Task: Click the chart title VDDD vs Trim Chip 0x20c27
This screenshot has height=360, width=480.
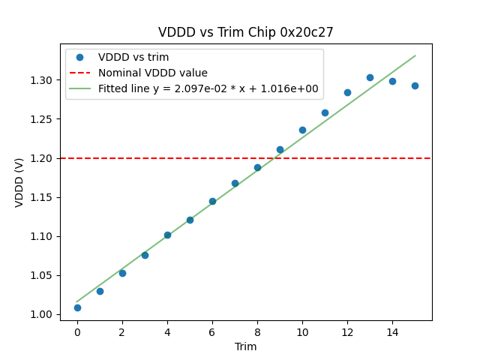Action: tap(245, 32)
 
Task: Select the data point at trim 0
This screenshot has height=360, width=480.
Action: tap(77, 307)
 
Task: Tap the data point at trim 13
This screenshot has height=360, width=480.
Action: tap(370, 77)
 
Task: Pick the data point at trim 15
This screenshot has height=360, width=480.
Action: tap(415, 85)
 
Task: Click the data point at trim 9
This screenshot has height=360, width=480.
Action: tap(280, 149)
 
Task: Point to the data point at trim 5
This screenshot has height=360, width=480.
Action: tap(190, 220)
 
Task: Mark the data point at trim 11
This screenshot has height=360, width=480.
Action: tap(325, 112)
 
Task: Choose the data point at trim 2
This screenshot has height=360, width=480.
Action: tap(122, 273)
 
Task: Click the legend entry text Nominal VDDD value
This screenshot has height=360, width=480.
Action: tap(153, 73)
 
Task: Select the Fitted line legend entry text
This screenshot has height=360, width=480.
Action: tap(208, 88)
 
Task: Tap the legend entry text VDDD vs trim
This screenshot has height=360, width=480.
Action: tap(133, 57)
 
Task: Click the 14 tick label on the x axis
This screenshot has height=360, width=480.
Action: tap(392, 331)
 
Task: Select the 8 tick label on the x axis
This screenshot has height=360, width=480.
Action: tap(257, 331)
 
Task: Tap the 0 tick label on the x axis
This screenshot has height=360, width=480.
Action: tap(77, 331)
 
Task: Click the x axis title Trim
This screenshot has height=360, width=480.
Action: tap(245, 346)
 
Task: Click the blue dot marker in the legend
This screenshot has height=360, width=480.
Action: tap(79, 57)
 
